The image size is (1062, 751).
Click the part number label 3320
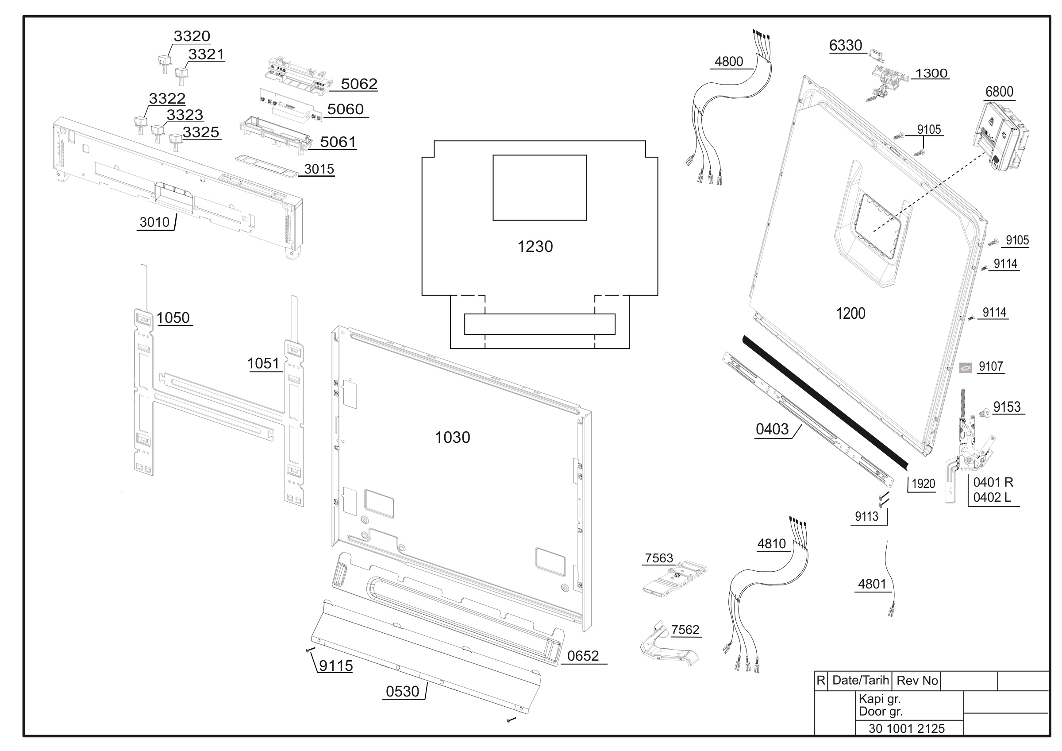(192, 36)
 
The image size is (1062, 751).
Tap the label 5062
(359, 84)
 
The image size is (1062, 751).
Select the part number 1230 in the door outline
(535, 247)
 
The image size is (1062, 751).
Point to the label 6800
(999, 92)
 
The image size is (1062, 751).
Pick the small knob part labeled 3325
(176, 142)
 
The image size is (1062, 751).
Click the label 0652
(583, 656)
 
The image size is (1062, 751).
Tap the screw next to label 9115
(310, 650)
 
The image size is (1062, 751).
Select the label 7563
(659, 558)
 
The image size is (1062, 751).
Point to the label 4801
(872, 584)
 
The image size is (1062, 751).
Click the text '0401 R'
(993, 482)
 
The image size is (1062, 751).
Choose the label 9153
(1007, 407)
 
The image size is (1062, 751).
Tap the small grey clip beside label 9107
(966, 368)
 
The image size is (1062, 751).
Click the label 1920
(923, 484)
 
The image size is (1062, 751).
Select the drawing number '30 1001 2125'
(907, 728)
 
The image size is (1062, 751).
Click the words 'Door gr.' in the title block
(881, 711)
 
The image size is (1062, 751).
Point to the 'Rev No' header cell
(917, 680)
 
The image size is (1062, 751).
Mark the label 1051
(263, 363)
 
